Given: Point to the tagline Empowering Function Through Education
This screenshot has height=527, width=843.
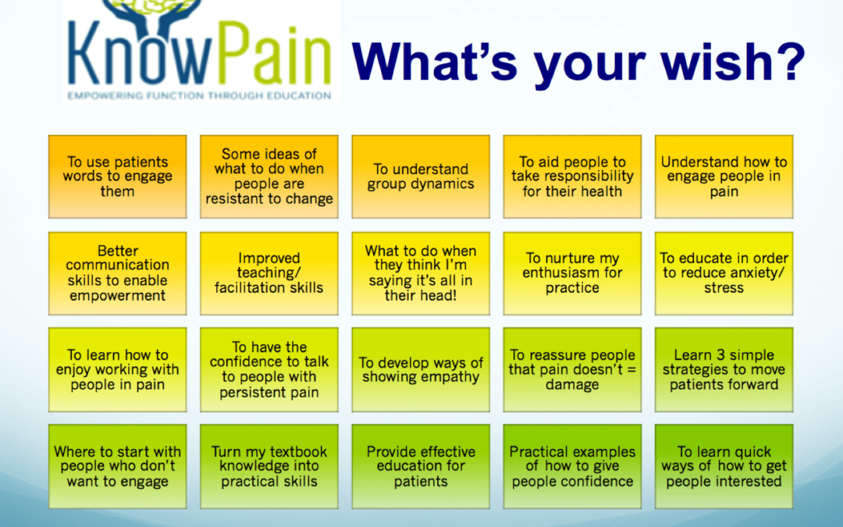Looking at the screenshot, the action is (x=200, y=96).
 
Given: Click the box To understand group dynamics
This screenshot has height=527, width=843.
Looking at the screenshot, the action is (x=421, y=176).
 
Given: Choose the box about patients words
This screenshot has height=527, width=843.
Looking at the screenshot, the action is (x=117, y=176).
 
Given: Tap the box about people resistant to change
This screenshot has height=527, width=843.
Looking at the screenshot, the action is (x=269, y=176).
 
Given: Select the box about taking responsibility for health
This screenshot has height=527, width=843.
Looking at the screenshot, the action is (x=572, y=176).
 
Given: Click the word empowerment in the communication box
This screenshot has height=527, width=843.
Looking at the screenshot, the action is (x=117, y=296).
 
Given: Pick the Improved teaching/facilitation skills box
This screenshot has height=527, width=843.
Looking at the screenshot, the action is (x=269, y=273).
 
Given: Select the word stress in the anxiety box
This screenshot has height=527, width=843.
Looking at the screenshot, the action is (x=724, y=288).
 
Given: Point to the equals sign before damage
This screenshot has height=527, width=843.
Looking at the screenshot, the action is (x=631, y=370).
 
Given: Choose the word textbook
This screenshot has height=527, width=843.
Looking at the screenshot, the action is (x=297, y=452).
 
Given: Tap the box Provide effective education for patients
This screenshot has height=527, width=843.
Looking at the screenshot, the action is (x=421, y=466).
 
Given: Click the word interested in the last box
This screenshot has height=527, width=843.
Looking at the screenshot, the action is (x=751, y=481).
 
